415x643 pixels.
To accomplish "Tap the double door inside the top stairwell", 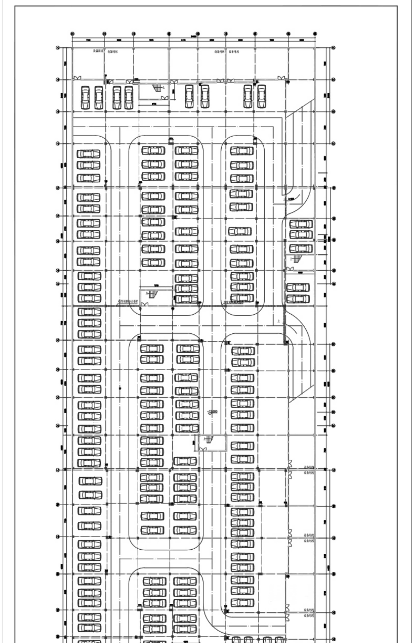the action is pos(164,98).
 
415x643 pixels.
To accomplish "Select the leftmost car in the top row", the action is pos(85,97).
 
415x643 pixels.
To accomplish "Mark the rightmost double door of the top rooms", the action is pos(281,78).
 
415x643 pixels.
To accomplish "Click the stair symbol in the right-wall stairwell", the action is pos(296,259).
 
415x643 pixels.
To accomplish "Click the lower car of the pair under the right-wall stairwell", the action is pos(298,299).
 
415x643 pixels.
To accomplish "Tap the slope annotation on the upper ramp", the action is pos(291,198).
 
